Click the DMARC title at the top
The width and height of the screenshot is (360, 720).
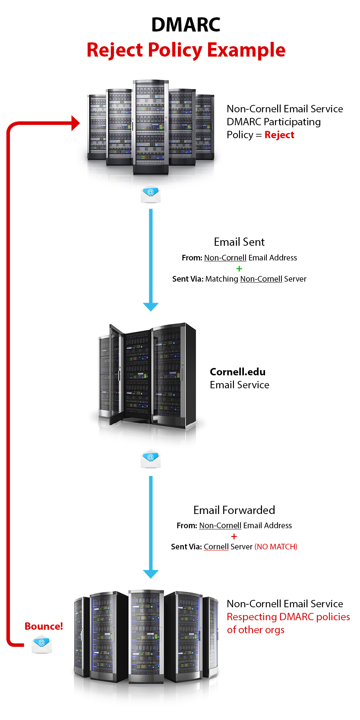(186, 25)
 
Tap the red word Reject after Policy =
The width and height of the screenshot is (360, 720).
(279, 135)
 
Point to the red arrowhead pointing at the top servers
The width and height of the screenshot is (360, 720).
(76, 123)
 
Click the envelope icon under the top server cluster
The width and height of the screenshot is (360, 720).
(151, 194)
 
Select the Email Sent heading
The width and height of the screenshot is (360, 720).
(239, 242)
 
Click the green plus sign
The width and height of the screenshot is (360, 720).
(239, 268)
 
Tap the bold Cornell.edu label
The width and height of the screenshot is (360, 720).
(238, 372)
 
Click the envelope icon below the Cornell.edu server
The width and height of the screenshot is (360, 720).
(151, 459)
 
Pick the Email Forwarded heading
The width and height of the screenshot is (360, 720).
(234, 510)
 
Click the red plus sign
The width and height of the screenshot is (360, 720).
(234, 536)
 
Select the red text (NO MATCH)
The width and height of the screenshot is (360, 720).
(276, 547)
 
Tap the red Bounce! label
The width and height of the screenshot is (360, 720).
(44, 626)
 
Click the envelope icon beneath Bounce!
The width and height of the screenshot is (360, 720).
(42, 644)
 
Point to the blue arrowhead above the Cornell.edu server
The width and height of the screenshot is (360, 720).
(151, 307)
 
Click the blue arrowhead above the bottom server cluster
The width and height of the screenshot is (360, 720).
(151, 574)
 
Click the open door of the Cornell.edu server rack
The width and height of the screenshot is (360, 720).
(117, 374)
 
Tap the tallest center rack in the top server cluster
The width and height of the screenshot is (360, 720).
(151, 127)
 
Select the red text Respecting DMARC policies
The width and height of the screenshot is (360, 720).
(288, 617)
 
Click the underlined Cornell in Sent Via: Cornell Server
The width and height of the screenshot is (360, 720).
(216, 547)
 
